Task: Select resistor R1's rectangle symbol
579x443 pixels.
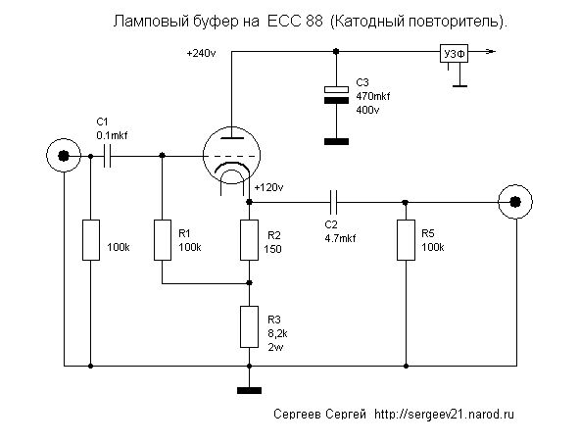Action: pyautogui.click(x=163, y=240)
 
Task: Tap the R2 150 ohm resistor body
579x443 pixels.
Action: pyautogui.click(x=249, y=240)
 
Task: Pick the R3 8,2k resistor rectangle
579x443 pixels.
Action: pyautogui.click(x=249, y=326)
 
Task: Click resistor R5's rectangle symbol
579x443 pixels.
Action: pyautogui.click(x=406, y=240)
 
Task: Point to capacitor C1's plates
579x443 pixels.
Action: pyautogui.click(x=107, y=156)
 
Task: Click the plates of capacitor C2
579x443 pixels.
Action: pyautogui.click(x=333, y=202)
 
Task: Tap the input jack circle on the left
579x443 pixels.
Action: pyautogui.click(x=64, y=156)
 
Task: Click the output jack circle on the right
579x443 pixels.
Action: pyautogui.click(x=515, y=202)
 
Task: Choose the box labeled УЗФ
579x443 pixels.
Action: pyautogui.click(x=454, y=54)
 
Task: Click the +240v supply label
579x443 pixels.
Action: pyautogui.click(x=201, y=53)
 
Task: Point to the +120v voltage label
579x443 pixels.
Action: pyautogui.click(x=268, y=188)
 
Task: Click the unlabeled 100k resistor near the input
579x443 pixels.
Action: pyautogui.click(x=91, y=240)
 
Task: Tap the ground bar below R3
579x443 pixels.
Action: pyautogui.click(x=249, y=390)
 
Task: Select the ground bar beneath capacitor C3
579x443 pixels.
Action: pyautogui.click(x=336, y=141)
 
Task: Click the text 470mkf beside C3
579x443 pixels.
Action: pyautogui.click(x=373, y=96)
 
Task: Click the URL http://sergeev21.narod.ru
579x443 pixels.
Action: pyautogui.click(x=444, y=414)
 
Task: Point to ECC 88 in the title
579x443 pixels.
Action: pyautogui.click(x=294, y=22)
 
